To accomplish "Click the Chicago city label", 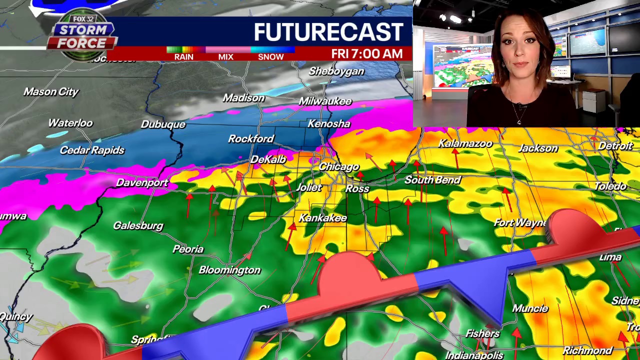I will pos(339,166).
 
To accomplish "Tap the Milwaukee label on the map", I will pos(325,101).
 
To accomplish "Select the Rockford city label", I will pos(251,138).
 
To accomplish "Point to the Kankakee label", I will pos(322,218).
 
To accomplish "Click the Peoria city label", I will pos(188,249).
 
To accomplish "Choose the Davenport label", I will pos(142,182).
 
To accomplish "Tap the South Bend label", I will pos(432,180).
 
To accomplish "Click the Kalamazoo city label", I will pos(465,144).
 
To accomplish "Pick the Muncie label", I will pos(530,308).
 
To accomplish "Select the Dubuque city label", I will pos(163,124).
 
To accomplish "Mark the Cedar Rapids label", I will pos(92,150).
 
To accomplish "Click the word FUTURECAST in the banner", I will pos(328,32).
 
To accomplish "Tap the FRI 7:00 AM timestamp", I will pos(366,54).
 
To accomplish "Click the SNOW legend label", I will pos(270,57).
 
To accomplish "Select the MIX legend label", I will pos(225,57).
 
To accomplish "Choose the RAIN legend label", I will pos(183,57).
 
